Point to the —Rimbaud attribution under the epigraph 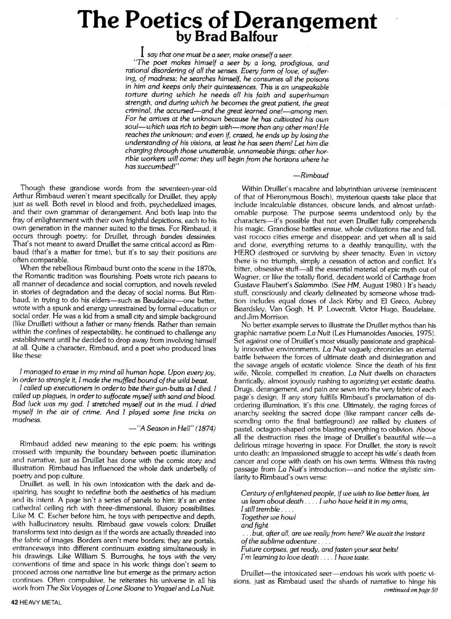(312, 174)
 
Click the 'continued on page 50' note (410, 590)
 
